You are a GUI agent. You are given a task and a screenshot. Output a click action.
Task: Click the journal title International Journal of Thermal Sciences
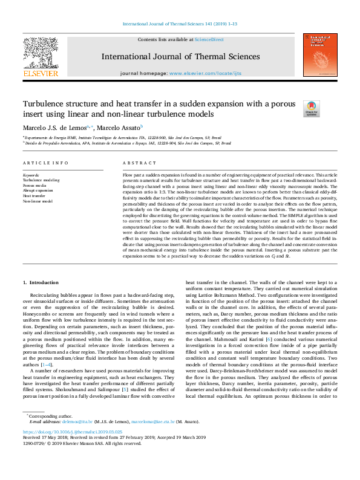pyautogui.click(x=181, y=57)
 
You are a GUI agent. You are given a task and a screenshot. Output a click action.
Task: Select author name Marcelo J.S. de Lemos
pyautogui.click(x=54, y=128)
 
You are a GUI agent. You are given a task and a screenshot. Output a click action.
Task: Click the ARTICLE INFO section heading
pyautogui.click(x=45, y=164)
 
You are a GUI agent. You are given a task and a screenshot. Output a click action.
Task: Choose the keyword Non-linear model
pyautogui.click(x=38, y=201)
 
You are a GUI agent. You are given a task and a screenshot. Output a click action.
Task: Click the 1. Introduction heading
pyautogui.click(x=41, y=282)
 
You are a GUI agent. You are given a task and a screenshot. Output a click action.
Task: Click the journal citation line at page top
pyautogui.click(x=180, y=24)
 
